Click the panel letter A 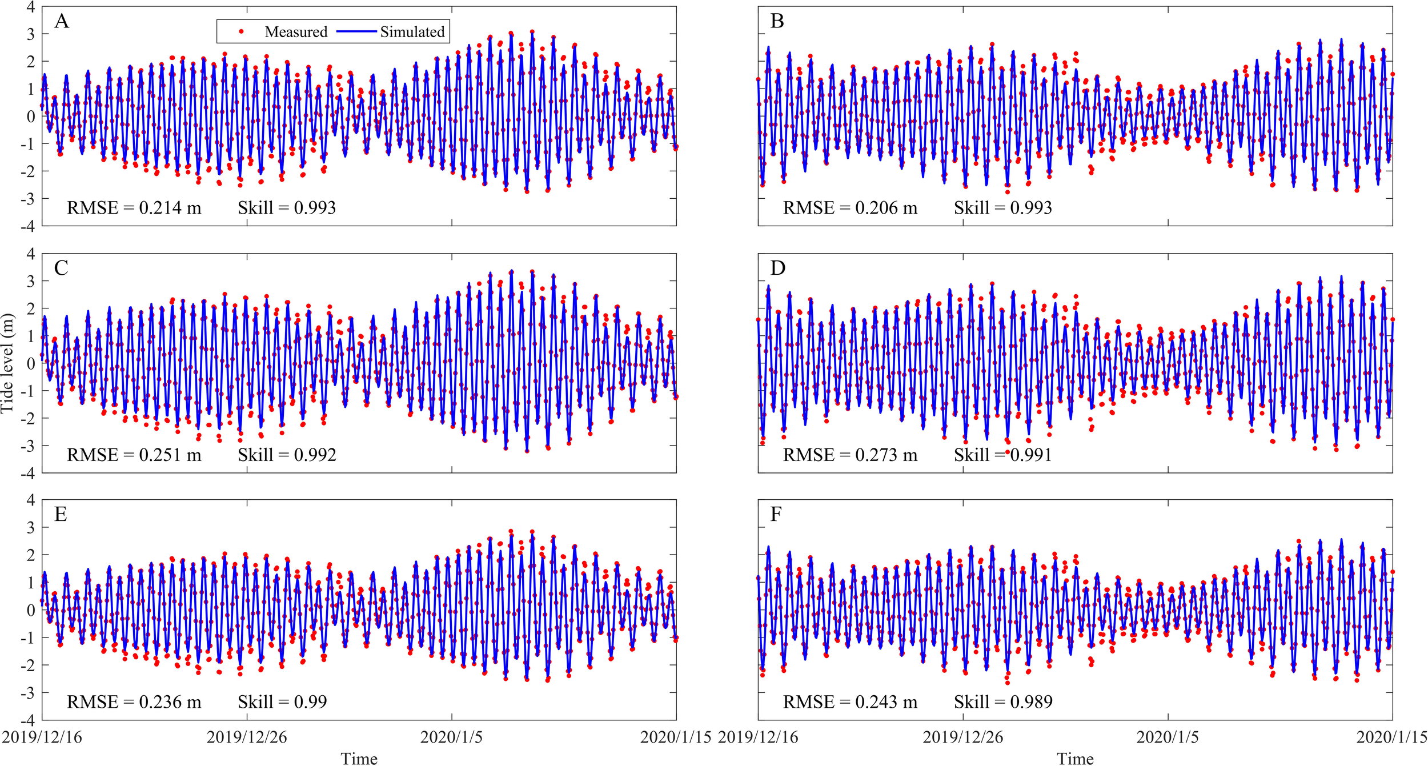tap(62, 22)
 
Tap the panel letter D tap(777, 268)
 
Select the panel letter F tap(775, 515)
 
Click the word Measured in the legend tap(296, 32)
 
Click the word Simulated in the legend tap(412, 32)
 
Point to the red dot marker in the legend tap(242, 31)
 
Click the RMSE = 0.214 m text tap(134, 208)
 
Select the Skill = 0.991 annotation tap(1002, 455)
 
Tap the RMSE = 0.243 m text tap(850, 702)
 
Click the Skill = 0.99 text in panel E tap(282, 702)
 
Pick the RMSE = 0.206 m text tap(850, 208)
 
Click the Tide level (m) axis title tap(7, 363)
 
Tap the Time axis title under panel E tap(359, 759)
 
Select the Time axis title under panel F tap(1075, 759)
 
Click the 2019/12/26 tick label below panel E tap(247, 737)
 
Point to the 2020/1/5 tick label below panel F tap(1168, 737)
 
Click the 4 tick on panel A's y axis tap(30, 7)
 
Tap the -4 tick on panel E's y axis tap(27, 720)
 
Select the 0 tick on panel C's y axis tap(31, 363)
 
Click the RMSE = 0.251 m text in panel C tap(134, 455)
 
